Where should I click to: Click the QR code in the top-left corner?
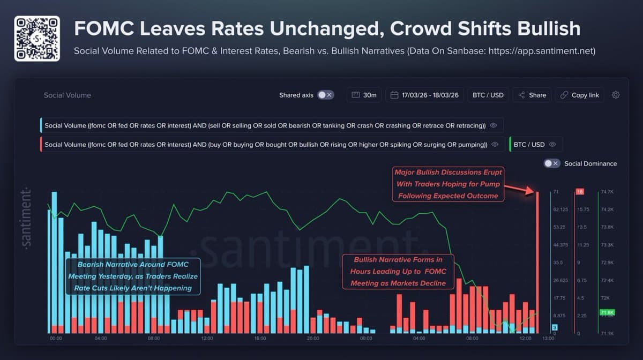click(x=36, y=38)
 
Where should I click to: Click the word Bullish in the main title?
click(x=550, y=28)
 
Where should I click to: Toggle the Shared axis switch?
click(x=325, y=95)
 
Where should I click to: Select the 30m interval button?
click(x=364, y=95)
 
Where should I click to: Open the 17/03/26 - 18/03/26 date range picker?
click(x=424, y=95)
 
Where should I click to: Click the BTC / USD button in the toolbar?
click(x=488, y=95)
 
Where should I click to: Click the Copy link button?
click(x=579, y=95)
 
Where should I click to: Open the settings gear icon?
click(x=616, y=95)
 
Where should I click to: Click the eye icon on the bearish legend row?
click(x=494, y=125)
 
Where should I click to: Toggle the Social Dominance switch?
click(x=551, y=163)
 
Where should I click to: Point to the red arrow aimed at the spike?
click(x=519, y=187)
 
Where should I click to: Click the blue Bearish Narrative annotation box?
click(x=133, y=276)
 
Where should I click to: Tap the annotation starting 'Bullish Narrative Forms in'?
click(x=398, y=271)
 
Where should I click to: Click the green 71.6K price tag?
click(x=607, y=312)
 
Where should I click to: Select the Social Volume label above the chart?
click(x=68, y=95)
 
